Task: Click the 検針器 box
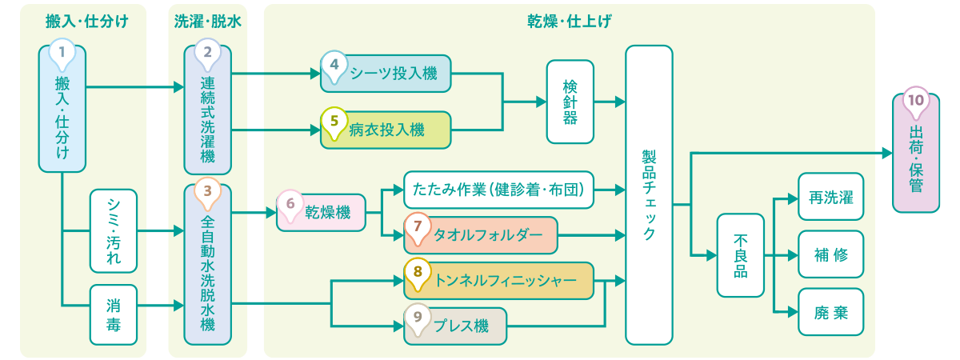coord(570,102)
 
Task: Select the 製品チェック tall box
coord(649,194)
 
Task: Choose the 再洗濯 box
coord(831,196)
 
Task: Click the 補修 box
coord(831,255)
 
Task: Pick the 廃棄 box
coord(831,312)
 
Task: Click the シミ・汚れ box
coord(114,231)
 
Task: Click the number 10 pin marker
coord(915,102)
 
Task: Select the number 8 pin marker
coord(417,272)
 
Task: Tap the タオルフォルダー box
coord(480,235)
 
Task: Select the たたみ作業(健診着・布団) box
coord(499,190)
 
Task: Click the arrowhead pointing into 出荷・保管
coord(887,153)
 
